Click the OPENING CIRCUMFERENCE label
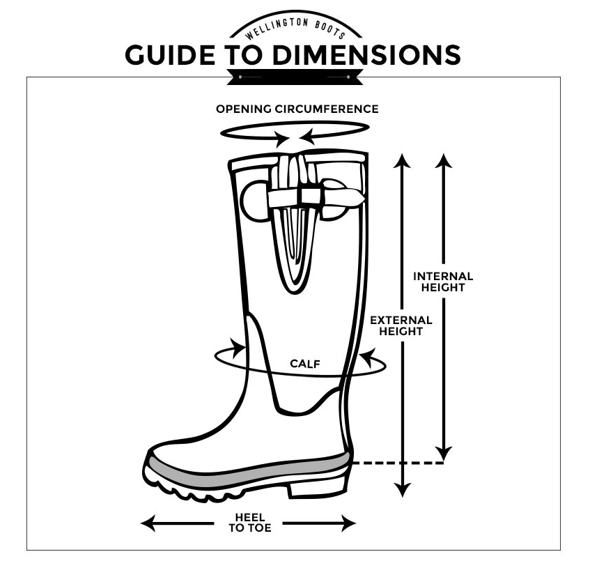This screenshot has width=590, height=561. tap(297, 109)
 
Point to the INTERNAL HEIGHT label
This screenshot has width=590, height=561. tap(443, 282)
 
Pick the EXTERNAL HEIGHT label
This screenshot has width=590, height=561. tap(401, 325)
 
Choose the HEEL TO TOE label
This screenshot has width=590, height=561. tap(249, 522)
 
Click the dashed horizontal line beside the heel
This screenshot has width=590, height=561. tap(397, 462)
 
